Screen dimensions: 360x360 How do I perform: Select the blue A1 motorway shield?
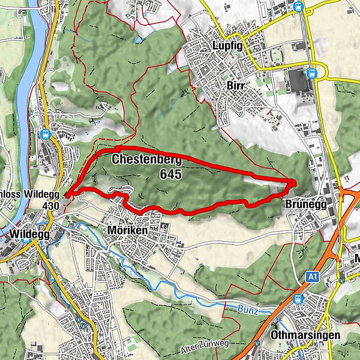[311, 276]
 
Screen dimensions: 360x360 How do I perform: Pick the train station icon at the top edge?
[298, 6]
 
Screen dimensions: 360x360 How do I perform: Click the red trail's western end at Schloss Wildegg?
[66, 194]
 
